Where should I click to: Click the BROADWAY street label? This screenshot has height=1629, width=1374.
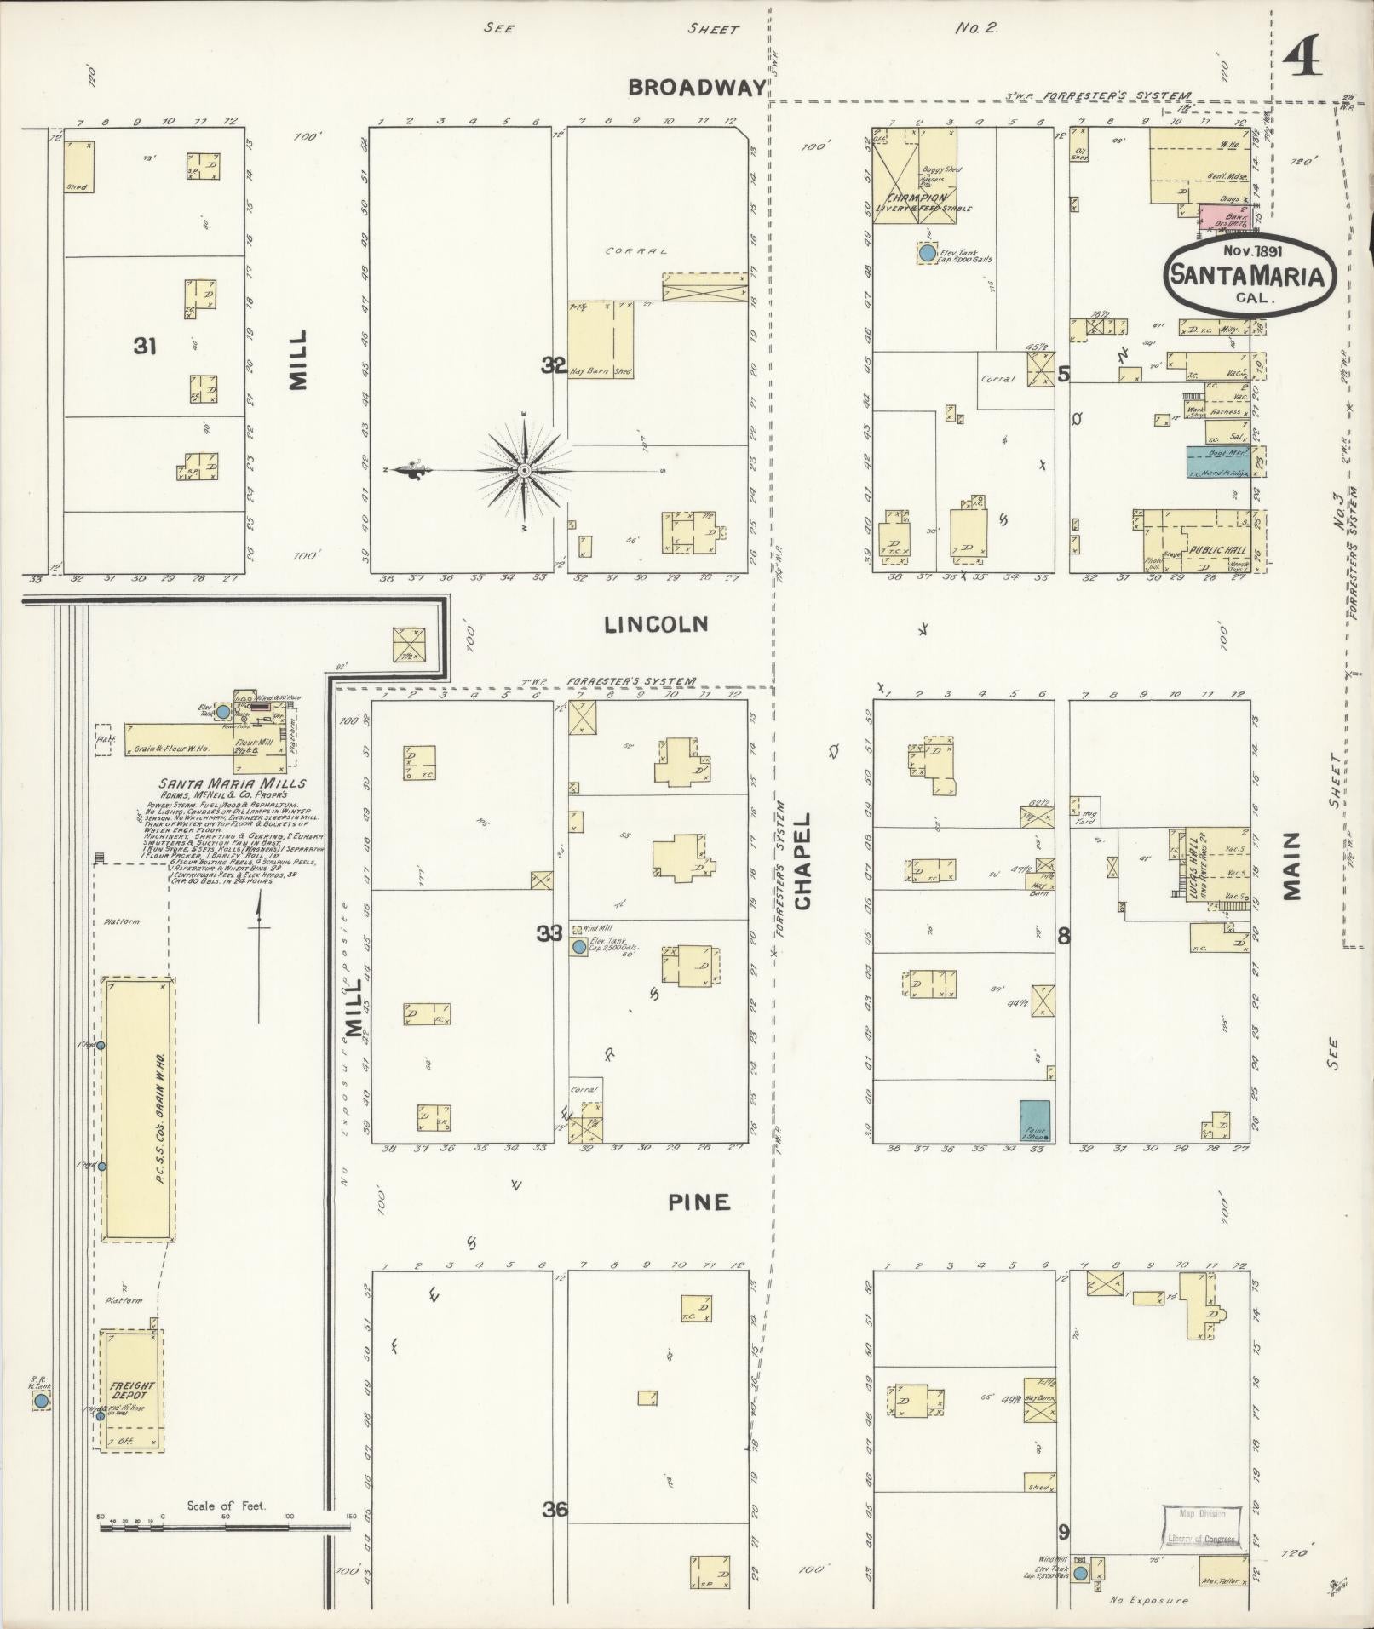[697, 87]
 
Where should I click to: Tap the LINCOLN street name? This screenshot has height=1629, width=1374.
[656, 624]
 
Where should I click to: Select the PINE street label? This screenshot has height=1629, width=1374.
[698, 1202]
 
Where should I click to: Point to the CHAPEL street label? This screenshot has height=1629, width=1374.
[802, 860]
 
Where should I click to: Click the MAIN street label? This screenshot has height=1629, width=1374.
[1292, 865]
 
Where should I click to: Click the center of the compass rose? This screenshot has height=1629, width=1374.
[525, 470]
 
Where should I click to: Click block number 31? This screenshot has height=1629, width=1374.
[145, 346]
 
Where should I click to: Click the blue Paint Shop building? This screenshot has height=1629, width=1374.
[1035, 1120]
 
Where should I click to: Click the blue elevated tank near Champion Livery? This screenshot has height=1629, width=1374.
[926, 253]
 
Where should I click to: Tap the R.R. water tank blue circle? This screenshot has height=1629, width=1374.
[41, 1401]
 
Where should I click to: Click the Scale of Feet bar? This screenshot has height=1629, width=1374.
[225, 1528]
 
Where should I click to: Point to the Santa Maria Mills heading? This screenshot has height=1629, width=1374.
[231, 783]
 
